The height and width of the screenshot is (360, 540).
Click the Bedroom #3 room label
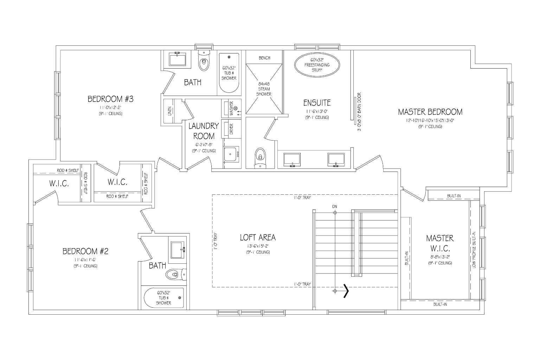pos(110,99)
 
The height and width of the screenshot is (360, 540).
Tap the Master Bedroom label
pos(430,112)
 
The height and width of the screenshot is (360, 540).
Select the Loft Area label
pos(258,237)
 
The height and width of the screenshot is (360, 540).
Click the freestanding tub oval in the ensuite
pos(317,65)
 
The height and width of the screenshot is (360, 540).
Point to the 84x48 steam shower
pos(264,89)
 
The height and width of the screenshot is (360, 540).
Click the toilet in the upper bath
pos(204,61)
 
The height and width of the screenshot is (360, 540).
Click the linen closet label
pos(169,110)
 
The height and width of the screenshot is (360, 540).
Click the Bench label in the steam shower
pos(264,58)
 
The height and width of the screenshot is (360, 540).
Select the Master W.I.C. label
pos(440,243)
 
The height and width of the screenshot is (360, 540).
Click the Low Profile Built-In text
pos(474,250)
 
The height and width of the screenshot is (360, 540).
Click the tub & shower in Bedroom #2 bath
pos(164,298)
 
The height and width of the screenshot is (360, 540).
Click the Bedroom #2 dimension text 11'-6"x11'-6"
pos(85,259)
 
